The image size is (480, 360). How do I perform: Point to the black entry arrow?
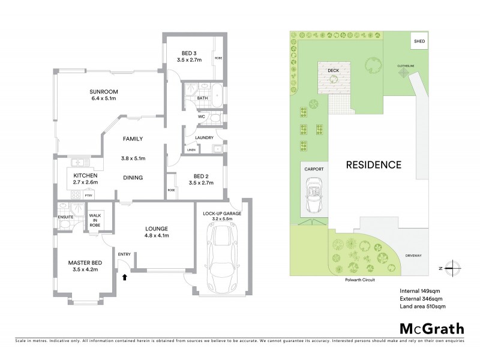(x=124, y=277)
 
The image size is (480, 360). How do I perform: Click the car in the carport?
(x=314, y=197)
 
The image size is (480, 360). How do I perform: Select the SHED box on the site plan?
(x=418, y=41)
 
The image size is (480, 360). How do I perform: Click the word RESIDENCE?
(x=372, y=164)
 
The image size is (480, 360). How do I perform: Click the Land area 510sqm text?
(x=422, y=306)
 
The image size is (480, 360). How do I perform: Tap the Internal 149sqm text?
(x=421, y=290)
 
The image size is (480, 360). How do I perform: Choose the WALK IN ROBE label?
(x=95, y=220)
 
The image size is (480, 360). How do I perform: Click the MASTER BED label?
(x=83, y=265)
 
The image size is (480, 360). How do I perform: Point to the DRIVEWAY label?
(x=413, y=256)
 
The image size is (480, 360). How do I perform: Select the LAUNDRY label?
(x=205, y=137)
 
